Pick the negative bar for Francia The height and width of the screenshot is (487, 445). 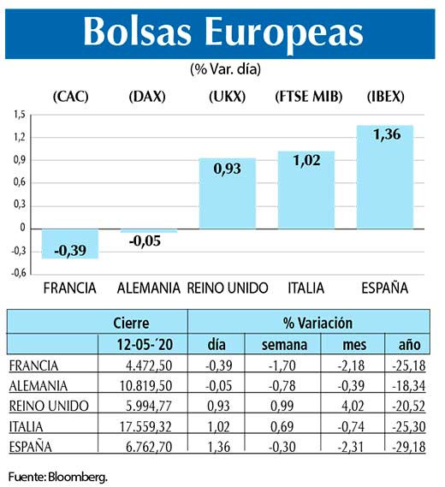tap(69, 243)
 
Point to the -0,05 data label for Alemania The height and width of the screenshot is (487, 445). tap(148, 242)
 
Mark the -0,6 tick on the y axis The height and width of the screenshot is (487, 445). tap(18, 274)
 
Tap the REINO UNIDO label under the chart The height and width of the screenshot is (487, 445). tap(228, 287)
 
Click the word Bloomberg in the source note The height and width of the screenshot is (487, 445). tap(80, 475)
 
